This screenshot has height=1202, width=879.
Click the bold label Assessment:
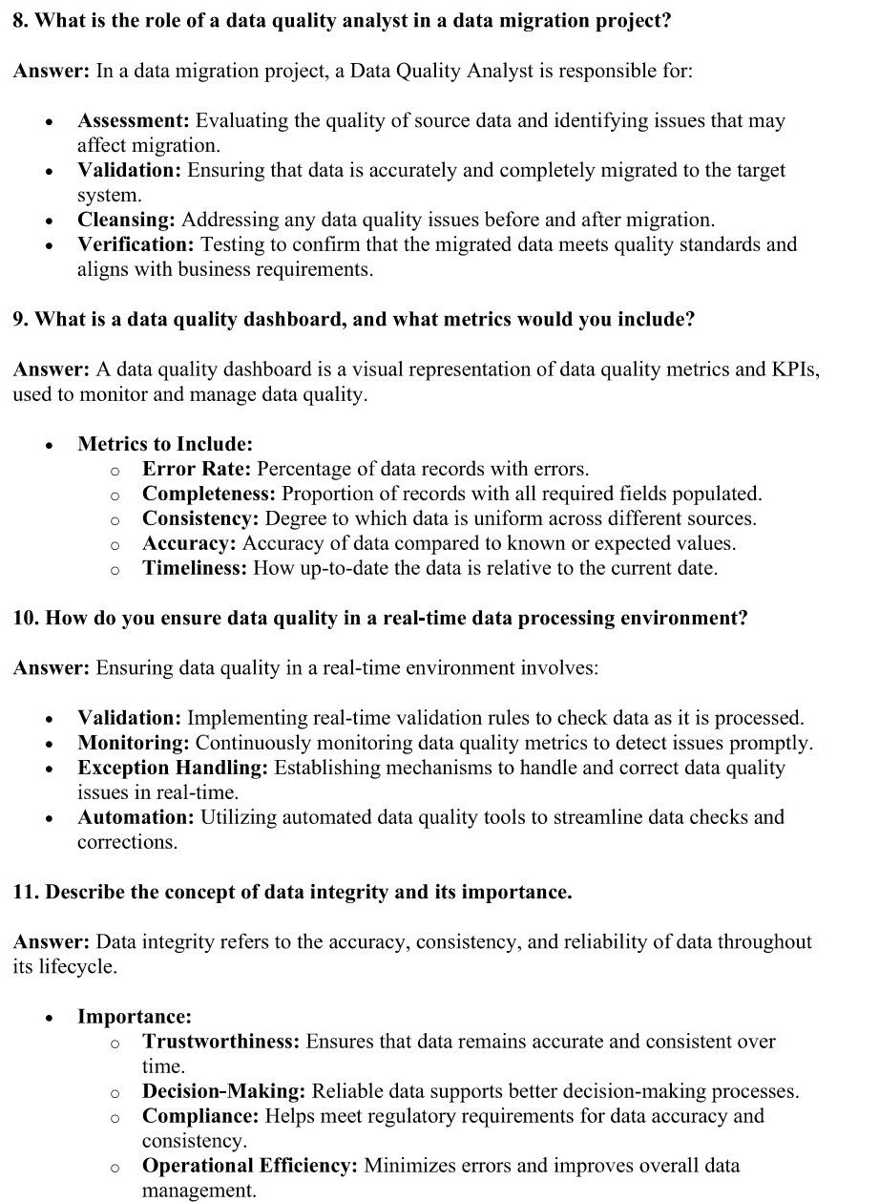click(135, 121)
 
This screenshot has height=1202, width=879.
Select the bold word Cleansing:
click(126, 220)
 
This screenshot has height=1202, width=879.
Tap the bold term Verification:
click(136, 244)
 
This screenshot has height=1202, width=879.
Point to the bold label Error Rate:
click(197, 469)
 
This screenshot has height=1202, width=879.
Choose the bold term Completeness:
click(209, 494)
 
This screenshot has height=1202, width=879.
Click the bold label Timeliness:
click(195, 568)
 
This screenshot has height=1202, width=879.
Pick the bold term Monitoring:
click(134, 743)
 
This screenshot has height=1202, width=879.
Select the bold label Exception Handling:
click(173, 768)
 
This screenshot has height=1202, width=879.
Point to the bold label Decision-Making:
click(224, 1091)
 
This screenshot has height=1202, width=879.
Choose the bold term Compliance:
click(200, 1116)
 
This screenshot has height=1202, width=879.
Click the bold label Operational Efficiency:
click(250, 1166)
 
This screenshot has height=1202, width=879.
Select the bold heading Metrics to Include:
click(164, 444)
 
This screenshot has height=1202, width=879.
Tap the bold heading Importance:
click(135, 1017)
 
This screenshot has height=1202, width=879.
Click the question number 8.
click(18, 21)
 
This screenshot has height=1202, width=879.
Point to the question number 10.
click(24, 618)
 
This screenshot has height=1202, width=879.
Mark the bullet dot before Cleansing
click(49, 221)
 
